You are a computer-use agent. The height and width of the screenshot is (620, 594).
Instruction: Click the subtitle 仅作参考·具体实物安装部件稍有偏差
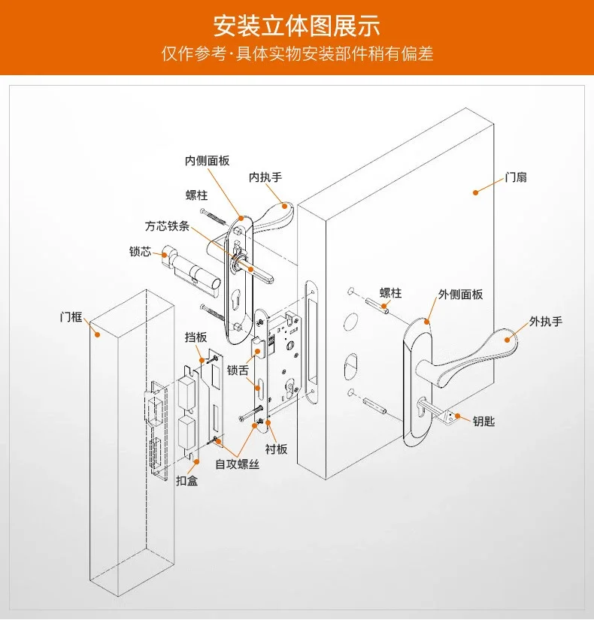click(x=296, y=55)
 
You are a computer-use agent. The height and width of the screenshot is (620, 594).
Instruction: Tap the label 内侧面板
click(x=207, y=161)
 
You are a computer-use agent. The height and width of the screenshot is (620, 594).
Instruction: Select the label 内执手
click(x=265, y=178)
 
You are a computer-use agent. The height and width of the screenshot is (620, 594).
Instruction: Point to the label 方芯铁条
click(x=168, y=225)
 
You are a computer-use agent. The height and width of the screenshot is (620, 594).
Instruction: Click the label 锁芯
click(x=140, y=252)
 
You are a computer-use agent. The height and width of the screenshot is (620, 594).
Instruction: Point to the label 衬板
click(x=276, y=449)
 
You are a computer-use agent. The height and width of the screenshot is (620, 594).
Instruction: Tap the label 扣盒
click(x=186, y=480)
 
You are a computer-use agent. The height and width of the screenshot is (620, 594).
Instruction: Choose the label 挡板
click(x=195, y=338)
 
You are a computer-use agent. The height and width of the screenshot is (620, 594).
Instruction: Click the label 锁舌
click(x=238, y=370)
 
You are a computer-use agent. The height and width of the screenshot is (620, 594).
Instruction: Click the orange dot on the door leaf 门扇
click(x=475, y=192)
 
